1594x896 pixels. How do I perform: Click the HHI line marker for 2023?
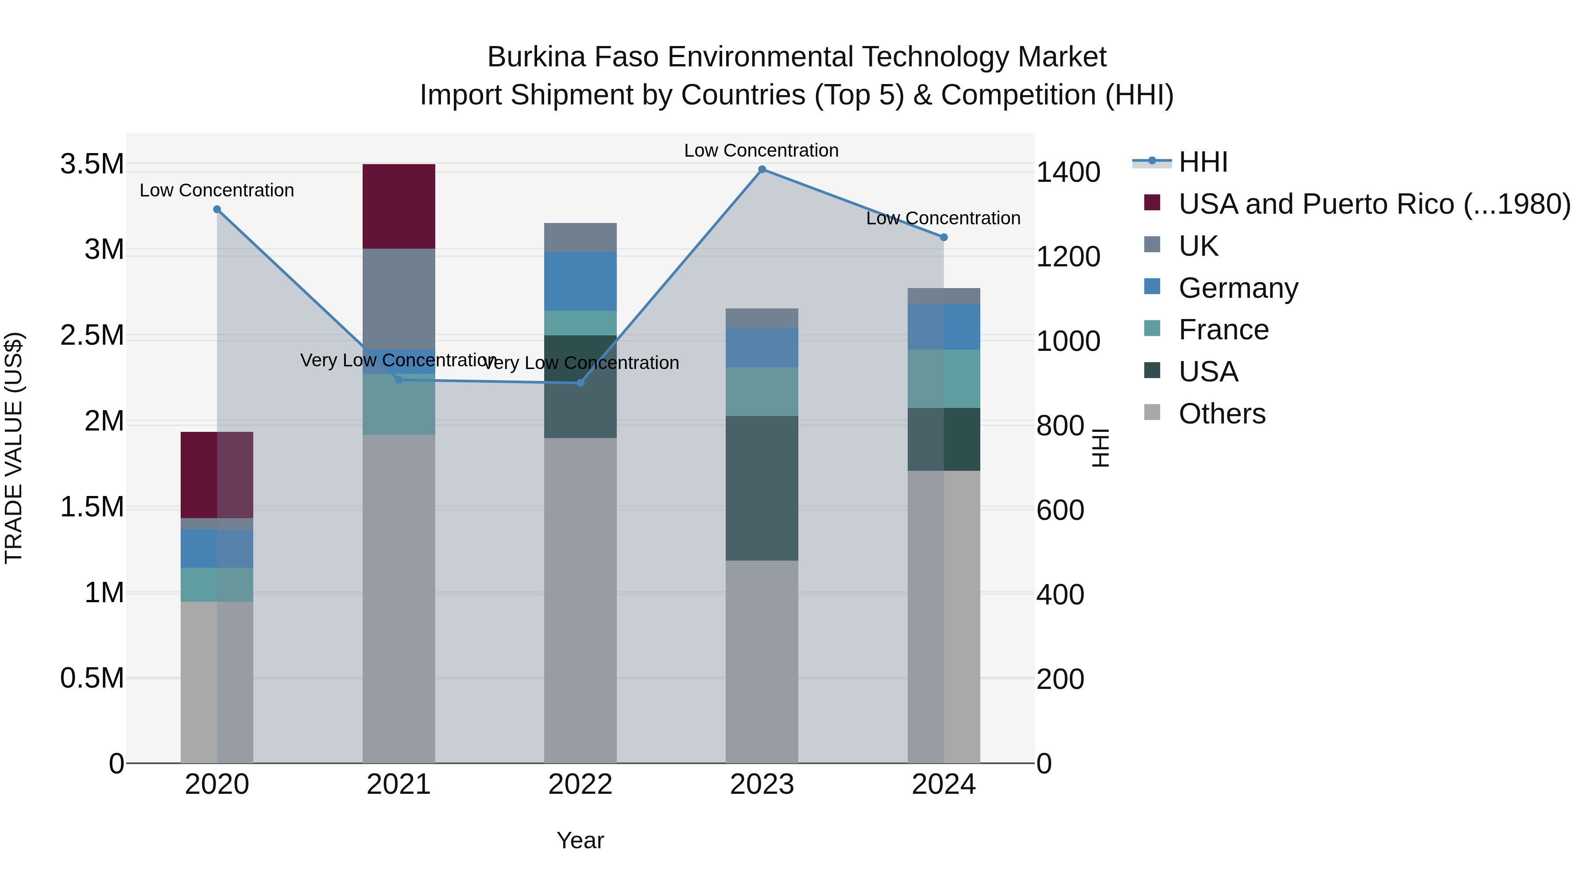tap(762, 169)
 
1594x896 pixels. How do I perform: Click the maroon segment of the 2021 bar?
tap(398, 207)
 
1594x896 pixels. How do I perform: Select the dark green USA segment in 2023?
tap(762, 488)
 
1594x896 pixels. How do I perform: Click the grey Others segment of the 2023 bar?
tap(762, 661)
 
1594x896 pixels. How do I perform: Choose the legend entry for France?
tap(1223, 330)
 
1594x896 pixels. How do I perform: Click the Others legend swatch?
tap(1152, 412)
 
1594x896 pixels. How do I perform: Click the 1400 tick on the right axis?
tap(1068, 173)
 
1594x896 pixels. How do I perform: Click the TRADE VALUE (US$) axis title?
tap(14, 448)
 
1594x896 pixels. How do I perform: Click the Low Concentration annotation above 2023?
tap(761, 151)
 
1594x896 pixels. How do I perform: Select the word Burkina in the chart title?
tap(536, 58)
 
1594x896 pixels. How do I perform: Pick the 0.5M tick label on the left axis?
tap(92, 678)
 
